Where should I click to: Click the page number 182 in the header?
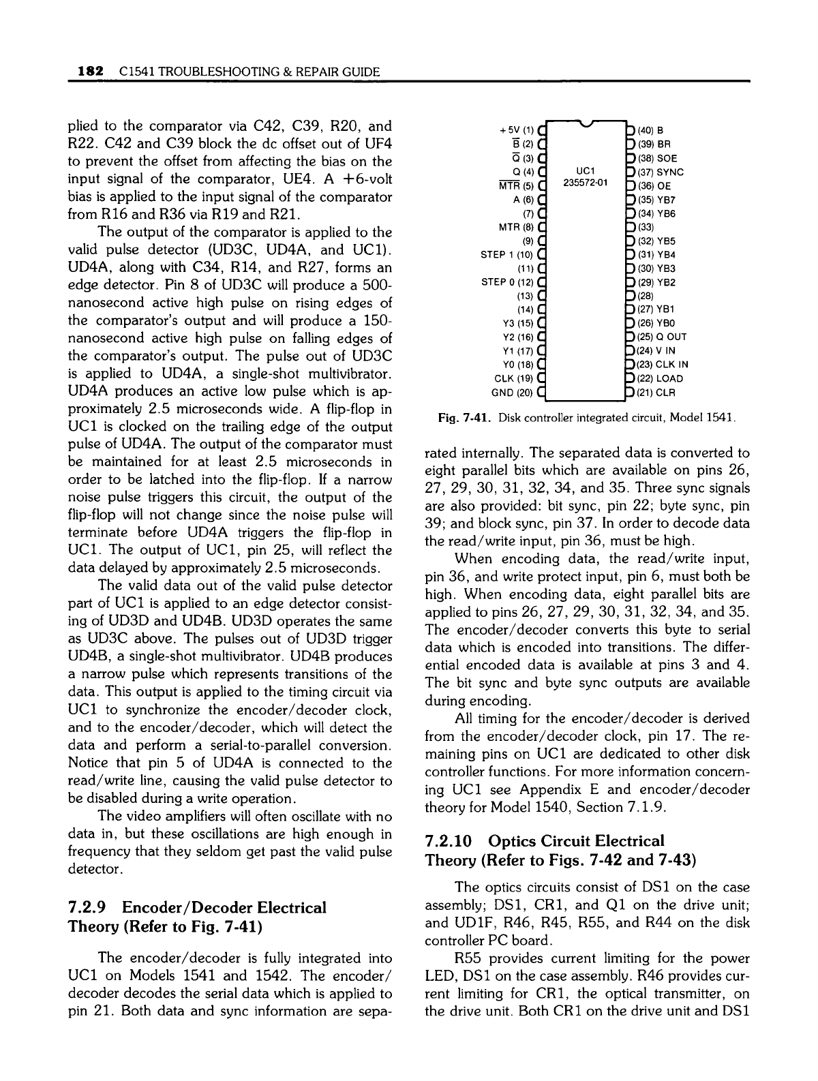coord(90,71)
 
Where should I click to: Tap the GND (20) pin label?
coord(513,392)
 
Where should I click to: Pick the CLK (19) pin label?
coord(513,378)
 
